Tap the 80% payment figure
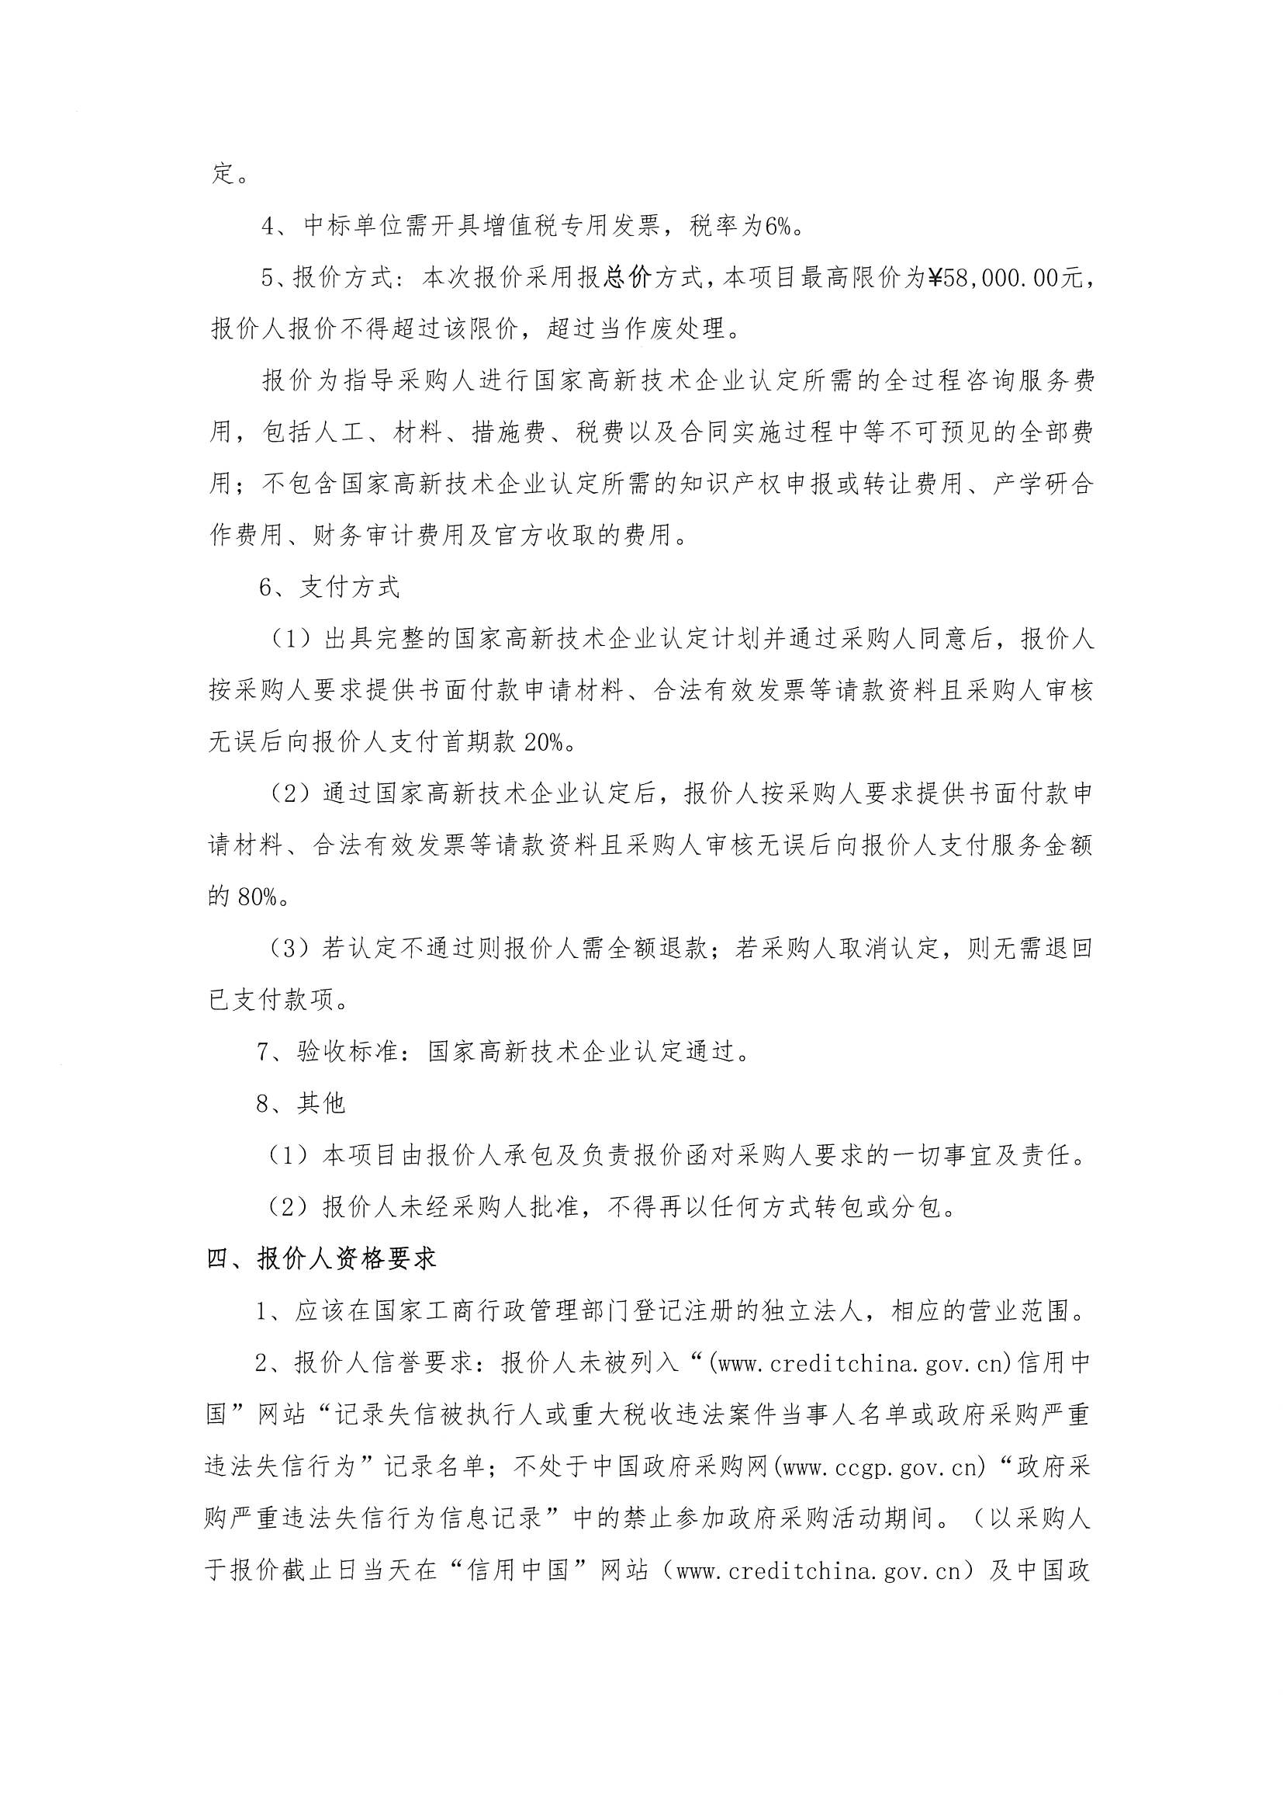tap(251, 897)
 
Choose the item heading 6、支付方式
tap(329, 588)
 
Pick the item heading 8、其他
tap(301, 1104)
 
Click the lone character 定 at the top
tap(223, 174)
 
